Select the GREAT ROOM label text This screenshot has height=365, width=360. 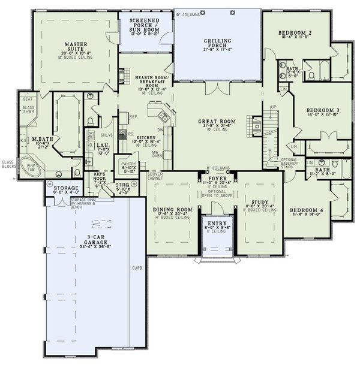217,121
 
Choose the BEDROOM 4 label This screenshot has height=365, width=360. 305,210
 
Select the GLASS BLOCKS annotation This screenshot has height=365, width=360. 8,164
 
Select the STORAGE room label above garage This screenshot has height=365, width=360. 65,188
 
